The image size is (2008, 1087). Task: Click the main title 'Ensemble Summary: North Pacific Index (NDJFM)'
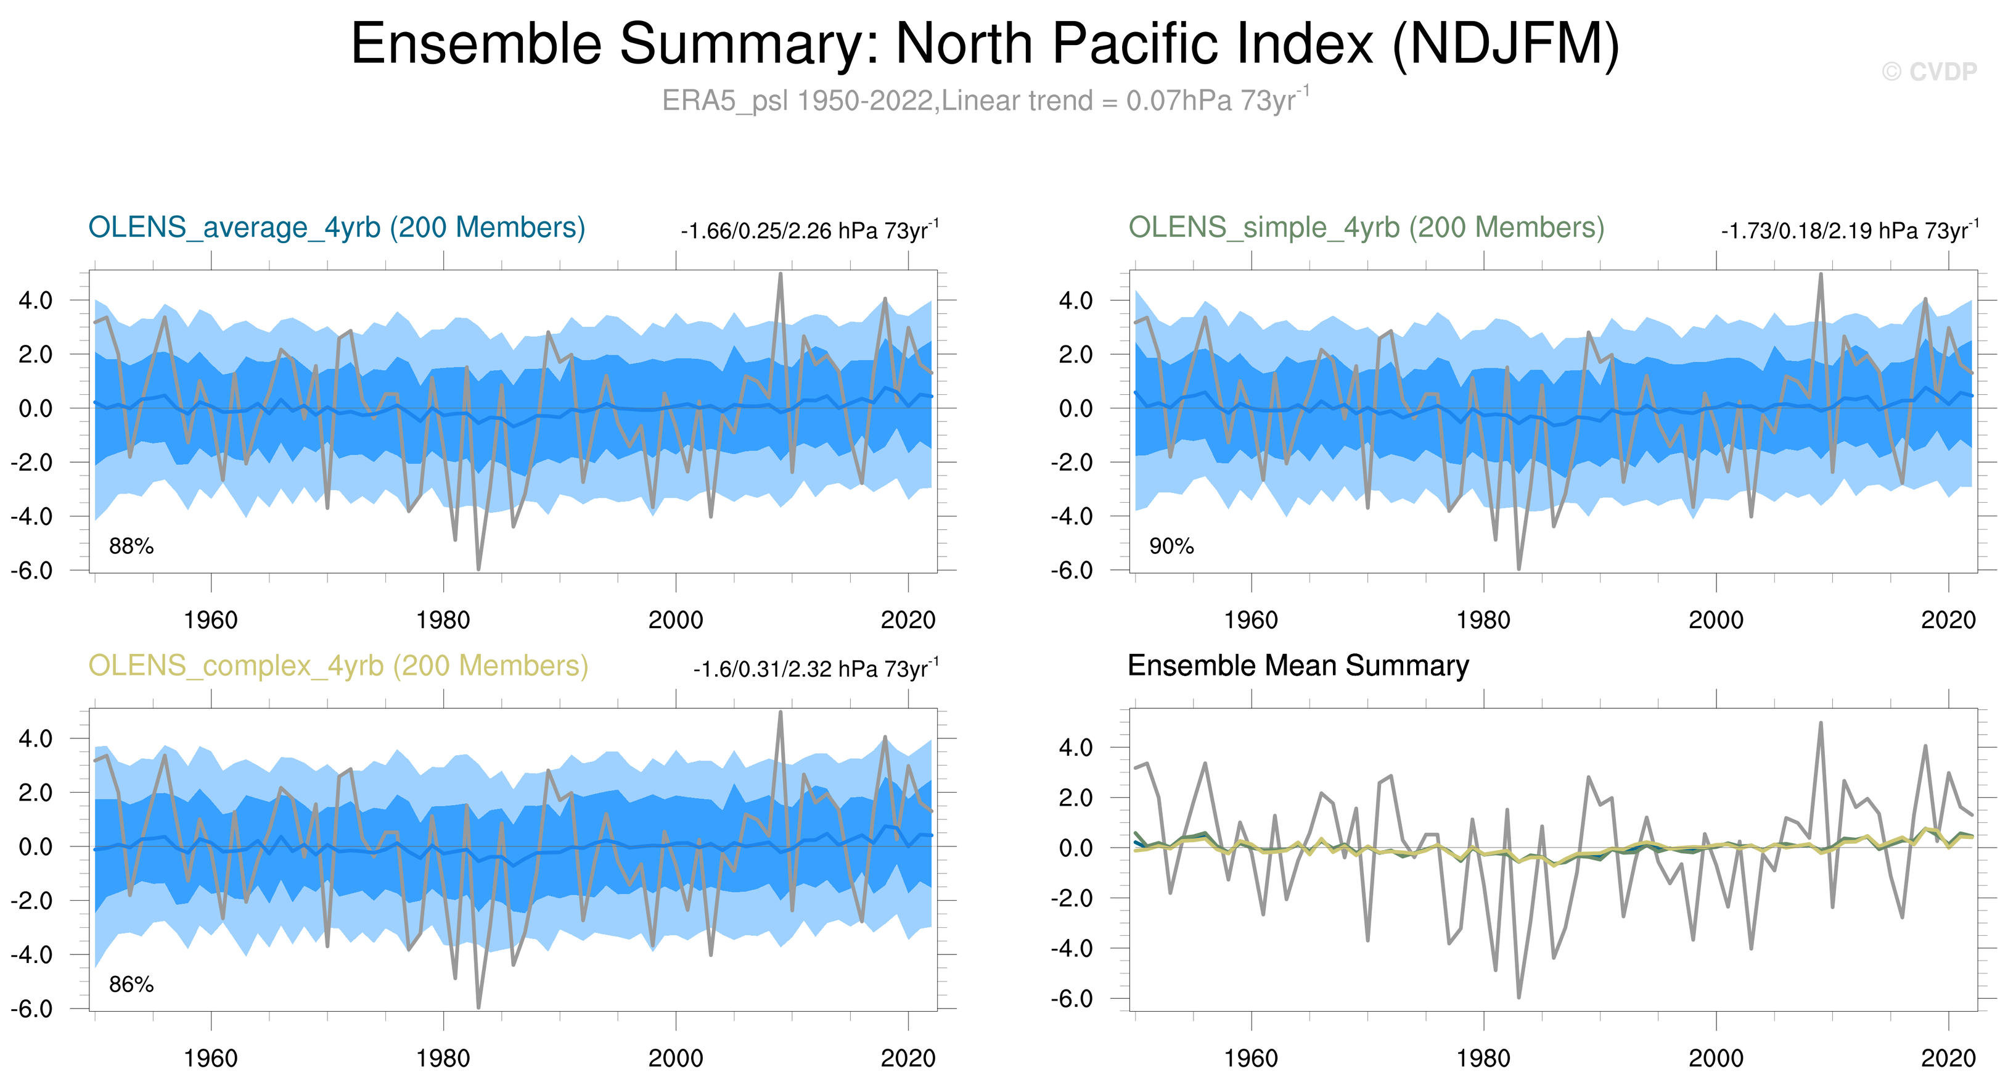(x=985, y=44)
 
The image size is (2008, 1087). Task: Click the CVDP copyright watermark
(x=1928, y=72)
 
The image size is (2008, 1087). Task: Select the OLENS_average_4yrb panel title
(x=337, y=228)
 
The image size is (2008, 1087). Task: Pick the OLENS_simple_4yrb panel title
(x=1366, y=228)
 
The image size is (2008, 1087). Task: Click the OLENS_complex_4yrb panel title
(x=338, y=666)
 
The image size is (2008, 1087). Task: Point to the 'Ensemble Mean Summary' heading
(x=1298, y=666)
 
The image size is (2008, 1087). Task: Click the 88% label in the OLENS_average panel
(x=131, y=546)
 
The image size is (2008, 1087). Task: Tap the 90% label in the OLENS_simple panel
(x=1171, y=546)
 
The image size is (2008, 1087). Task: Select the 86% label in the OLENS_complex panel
(x=131, y=984)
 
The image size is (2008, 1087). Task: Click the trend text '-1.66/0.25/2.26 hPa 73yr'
(x=808, y=231)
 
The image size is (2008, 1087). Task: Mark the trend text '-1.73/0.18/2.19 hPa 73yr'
(x=1848, y=231)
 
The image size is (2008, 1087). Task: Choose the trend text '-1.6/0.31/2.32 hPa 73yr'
(x=814, y=670)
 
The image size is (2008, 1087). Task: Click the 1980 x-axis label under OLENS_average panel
(x=443, y=621)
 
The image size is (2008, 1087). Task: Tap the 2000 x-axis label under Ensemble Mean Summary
(x=1716, y=1058)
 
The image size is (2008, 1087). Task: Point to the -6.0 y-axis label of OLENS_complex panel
(x=31, y=1008)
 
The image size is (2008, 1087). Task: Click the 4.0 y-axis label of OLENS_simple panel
(x=1075, y=300)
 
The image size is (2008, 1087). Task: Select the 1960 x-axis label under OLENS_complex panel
(x=210, y=1058)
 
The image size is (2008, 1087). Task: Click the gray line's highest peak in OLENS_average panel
(x=781, y=275)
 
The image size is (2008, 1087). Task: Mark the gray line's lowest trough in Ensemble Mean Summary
(x=1518, y=996)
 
